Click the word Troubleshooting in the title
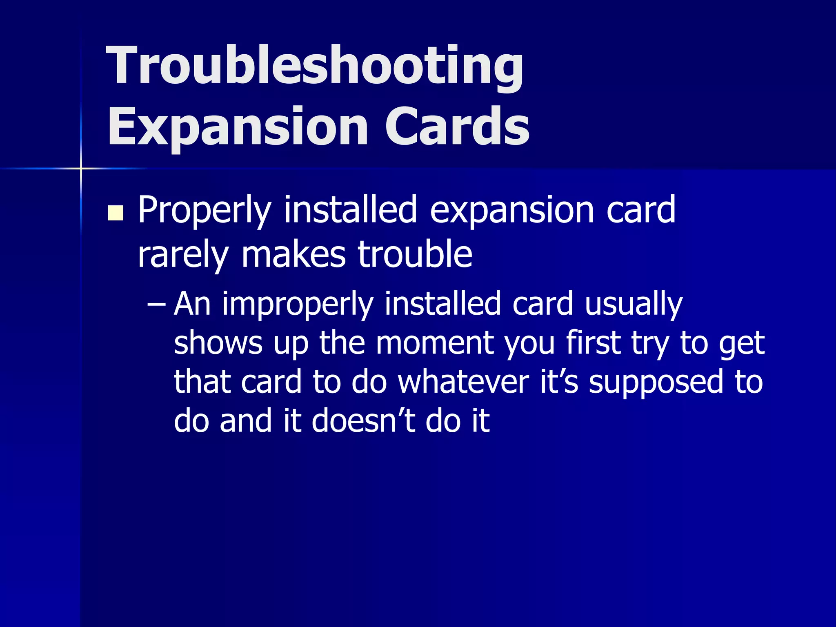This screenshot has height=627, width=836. click(314, 65)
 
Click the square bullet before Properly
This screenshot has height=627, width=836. click(116, 213)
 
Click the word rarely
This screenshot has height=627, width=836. click(183, 255)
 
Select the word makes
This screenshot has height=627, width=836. click(293, 255)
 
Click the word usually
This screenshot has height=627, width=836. click(634, 305)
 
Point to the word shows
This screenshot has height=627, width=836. click(218, 343)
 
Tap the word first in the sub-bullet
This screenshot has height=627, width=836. click(593, 343)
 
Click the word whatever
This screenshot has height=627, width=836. click(463, 382)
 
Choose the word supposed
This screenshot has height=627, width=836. click(656, 382)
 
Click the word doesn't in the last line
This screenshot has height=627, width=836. click(363, 420)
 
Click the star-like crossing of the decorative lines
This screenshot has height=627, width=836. click(81, 168)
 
